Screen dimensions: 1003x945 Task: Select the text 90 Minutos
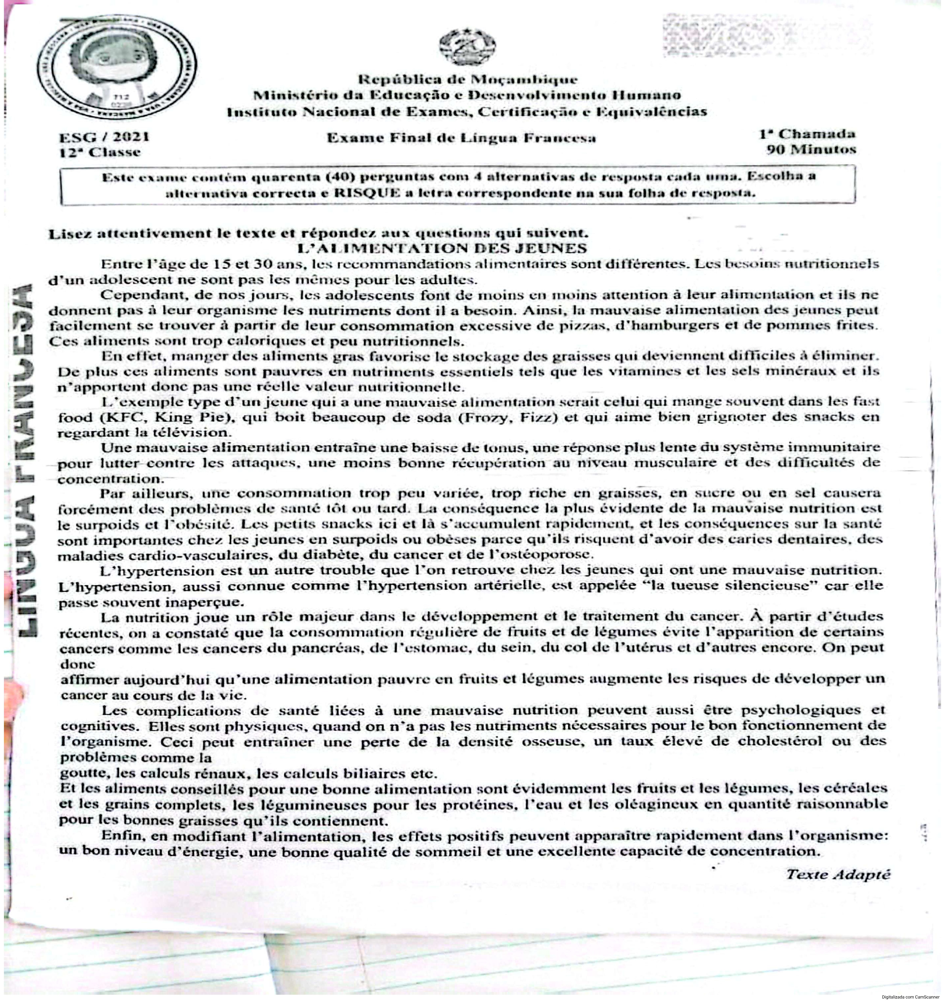click(811, 150)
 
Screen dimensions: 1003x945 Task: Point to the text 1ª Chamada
click(807, 134)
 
